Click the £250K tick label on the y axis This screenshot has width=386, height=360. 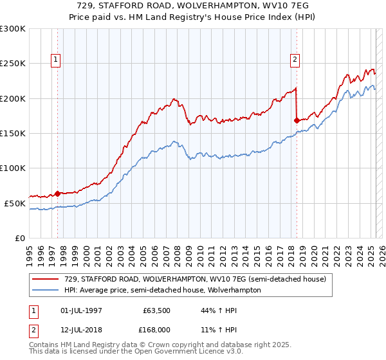pos(13,64)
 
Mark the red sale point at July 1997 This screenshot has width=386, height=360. pos(57,193)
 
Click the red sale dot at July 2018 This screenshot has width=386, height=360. pos(297,120)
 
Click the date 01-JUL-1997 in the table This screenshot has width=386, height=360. pos(80,311)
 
